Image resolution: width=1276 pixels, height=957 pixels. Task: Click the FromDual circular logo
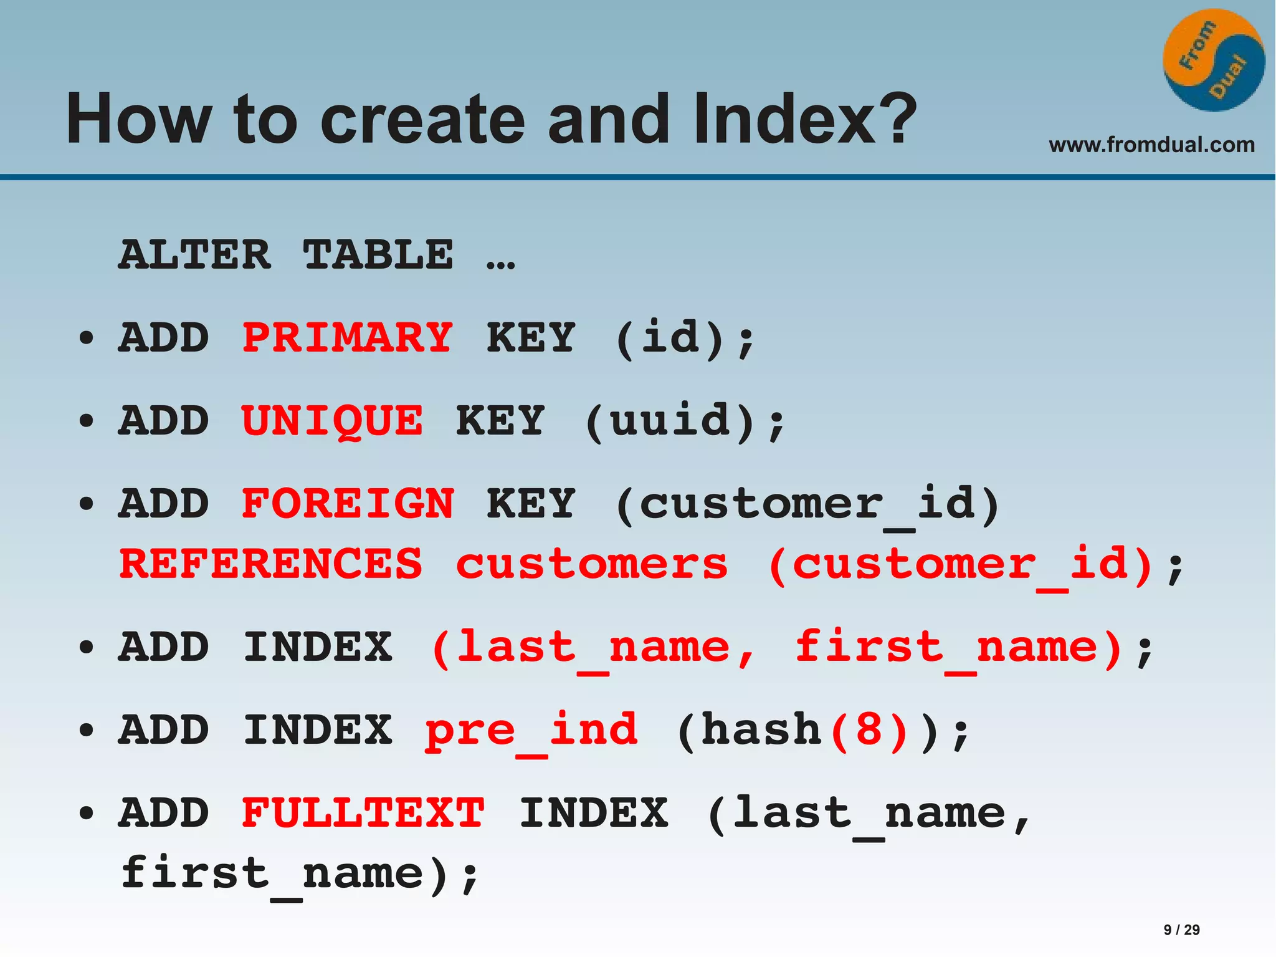[1213, 60]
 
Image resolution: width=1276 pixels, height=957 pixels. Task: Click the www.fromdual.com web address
[1151, 145]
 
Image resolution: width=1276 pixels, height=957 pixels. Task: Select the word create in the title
[423, 118]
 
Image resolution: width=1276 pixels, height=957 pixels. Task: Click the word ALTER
[195, 255]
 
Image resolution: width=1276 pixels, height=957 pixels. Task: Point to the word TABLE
[378, 255]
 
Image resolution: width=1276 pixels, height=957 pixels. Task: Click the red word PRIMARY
[347, 337]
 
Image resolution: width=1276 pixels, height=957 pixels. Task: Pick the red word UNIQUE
[332, 421]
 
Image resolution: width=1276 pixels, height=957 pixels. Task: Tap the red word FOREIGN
[348, 504]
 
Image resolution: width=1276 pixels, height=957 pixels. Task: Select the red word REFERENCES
[270, 564]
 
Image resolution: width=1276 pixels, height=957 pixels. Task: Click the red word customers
[592, 564]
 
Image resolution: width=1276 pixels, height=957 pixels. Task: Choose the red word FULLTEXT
[363, 813]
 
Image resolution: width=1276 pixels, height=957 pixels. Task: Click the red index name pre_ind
[531, 731]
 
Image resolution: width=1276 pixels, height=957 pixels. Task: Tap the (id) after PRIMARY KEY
[670, 337]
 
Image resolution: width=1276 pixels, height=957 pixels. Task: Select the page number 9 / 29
[1181, 930]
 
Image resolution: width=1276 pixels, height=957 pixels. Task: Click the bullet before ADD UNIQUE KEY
[87, 421]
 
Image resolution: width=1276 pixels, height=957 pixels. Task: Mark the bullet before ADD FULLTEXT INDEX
[87, 813]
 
